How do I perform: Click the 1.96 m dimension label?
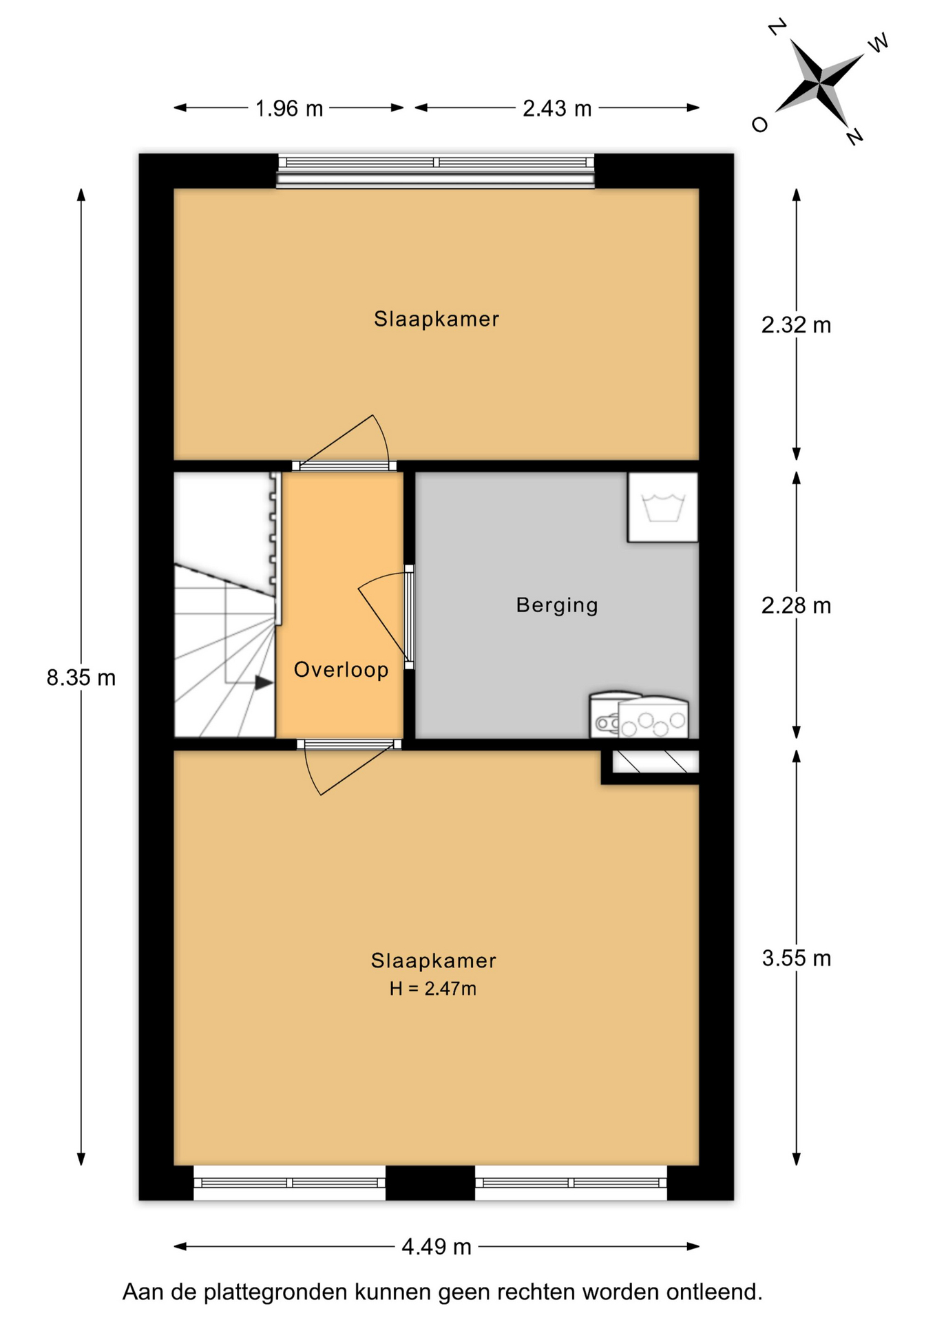point(289,108)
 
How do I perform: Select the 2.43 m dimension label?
point(557,108)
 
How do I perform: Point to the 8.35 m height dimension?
point(81,678)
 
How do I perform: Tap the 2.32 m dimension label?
point(796,324)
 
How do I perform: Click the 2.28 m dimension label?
point(796,605)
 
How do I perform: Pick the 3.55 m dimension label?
point(796,958)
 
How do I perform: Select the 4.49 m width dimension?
point(437,1246)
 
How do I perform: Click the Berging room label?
point(557,605)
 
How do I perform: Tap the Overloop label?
point(342,669)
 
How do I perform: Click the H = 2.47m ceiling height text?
point(433,989)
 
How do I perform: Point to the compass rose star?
point(820,83)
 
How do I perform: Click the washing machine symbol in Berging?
point(662,507)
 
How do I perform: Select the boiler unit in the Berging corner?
point(639,715)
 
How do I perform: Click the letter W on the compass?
point(878,43)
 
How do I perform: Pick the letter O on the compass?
point(759,125)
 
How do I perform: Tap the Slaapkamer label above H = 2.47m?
point(434,961)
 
